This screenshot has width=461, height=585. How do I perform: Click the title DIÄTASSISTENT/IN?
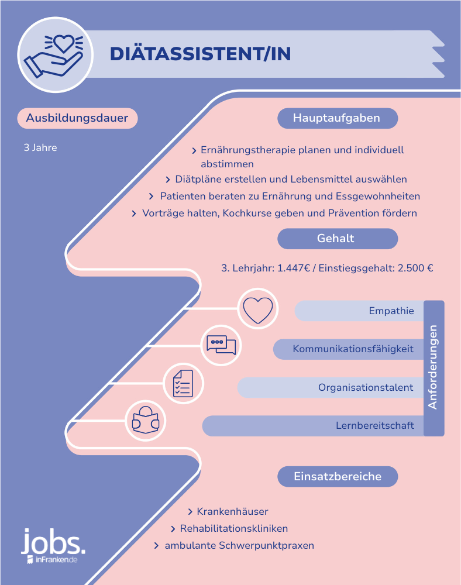pos(200,53)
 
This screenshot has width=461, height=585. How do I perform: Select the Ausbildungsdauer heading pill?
pos(77,118)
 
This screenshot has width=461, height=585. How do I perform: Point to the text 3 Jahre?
pos(40,148)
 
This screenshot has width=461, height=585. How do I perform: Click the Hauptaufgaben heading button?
pos(338,118)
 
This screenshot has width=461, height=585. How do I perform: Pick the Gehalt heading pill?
pos(338,239)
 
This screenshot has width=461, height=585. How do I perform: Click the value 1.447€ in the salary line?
pos(294,269)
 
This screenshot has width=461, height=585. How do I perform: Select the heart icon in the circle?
pos(258,309)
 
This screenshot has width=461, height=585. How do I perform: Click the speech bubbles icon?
pos(221,345)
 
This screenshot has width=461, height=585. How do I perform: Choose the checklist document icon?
pos(183,384)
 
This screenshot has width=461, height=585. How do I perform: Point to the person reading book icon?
pos(146,420)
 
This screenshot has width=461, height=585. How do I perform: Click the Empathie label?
pos(391,311)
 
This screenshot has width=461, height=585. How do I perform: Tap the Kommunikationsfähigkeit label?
pos(353,349)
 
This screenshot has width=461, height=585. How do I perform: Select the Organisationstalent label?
pos(366,388)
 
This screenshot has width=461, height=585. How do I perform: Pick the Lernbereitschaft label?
pos(375,426)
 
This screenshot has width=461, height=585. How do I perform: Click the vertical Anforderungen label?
pos(433,367)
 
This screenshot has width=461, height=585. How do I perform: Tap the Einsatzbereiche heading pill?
pos(338,476)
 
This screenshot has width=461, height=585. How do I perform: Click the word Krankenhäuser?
pos(232,511)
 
